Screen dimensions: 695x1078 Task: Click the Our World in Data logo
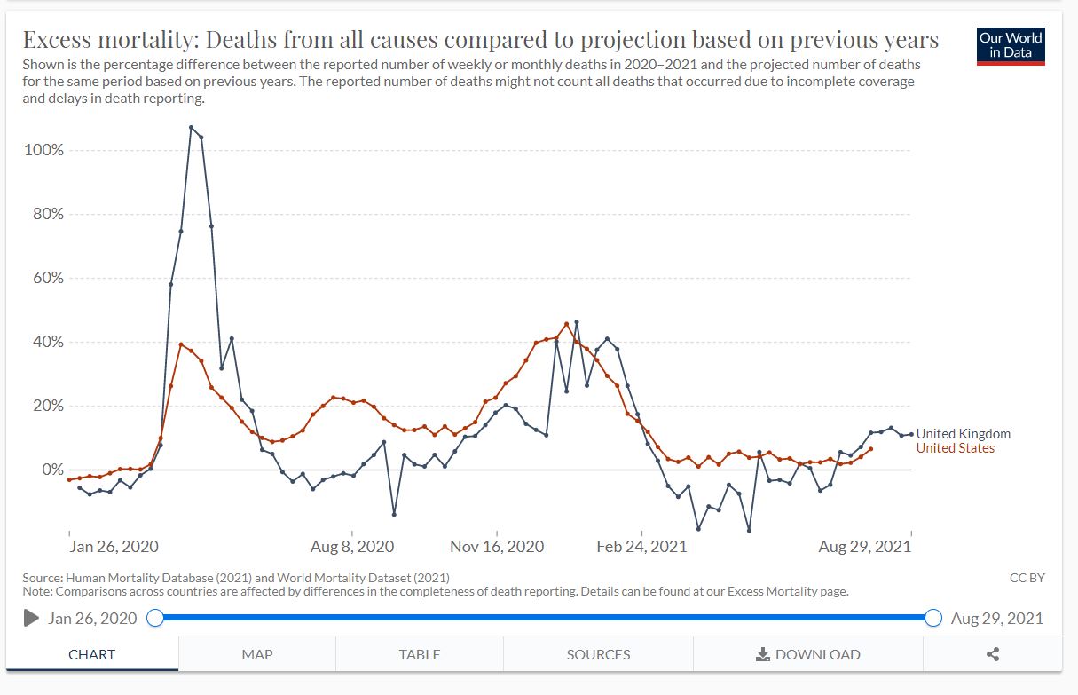[1011, 46]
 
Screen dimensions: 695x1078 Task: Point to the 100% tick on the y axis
[44, 150]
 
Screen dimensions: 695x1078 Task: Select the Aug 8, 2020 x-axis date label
[352, 547]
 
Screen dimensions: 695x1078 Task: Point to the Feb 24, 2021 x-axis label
[641, 547]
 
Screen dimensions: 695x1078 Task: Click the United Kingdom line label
[963, 434]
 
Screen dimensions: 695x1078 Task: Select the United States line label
[955, 448]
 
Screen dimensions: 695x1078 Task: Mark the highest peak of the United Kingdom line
[191, 127]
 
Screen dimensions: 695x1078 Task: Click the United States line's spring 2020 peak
[181, 344]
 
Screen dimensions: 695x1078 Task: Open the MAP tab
[257, 654]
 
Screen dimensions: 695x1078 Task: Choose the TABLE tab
[420, 654]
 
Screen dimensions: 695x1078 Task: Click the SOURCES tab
[598, 654]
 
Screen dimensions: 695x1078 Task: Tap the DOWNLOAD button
[807, 654]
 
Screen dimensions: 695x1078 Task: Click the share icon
[993, 654]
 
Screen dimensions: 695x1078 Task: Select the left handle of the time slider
[154, 618]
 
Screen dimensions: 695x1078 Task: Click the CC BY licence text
[1027, 578]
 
